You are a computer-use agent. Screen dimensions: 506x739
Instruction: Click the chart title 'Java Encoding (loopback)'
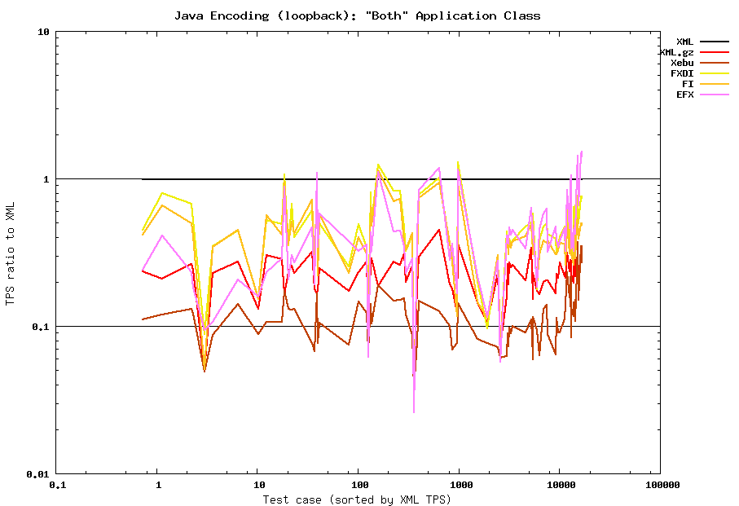tap(357, 15)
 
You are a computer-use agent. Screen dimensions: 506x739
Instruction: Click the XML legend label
tap(684, 42)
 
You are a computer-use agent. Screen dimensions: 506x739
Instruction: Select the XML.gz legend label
tap(676, 52)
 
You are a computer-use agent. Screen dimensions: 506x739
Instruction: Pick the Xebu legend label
tap(682, 63)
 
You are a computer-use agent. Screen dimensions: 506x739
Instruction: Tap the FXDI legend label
tap(682, 73)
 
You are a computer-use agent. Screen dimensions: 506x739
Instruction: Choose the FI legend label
tap(688, 84)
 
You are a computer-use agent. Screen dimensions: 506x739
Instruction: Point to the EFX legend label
tap(684, 95)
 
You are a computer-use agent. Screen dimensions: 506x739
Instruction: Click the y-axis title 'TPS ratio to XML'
tap(10, 253)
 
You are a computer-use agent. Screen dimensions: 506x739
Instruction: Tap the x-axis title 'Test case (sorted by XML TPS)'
tap(357, 499)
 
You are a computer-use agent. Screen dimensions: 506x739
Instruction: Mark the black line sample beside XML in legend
tap(715, 42)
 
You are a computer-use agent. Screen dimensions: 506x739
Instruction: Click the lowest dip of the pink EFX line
tap(414, 412)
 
